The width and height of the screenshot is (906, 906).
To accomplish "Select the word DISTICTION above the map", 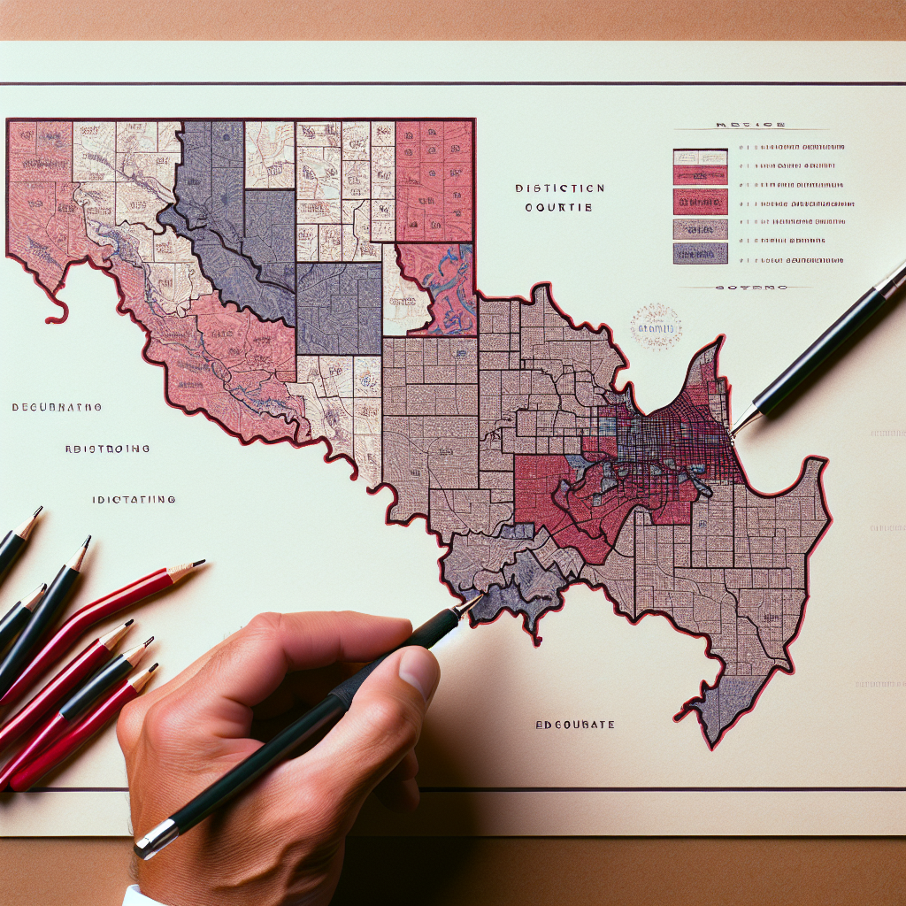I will pyautogui.click(x=561, y=188).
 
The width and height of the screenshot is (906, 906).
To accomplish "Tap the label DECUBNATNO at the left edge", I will pyautogui.click(x=57, y=408).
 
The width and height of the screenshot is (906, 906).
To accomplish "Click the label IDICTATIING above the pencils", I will pyautogui.click(x=134, y=500).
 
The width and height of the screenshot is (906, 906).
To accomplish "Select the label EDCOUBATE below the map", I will pyautogui.click(x=574, y=725).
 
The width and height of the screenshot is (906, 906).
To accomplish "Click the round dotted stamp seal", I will pyautogui.click(x=656, y=326).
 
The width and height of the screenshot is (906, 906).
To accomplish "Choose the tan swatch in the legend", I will pyautogui.click(x=700, y=229).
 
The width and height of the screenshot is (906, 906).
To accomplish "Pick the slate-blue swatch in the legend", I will pyautogui.click(x=700, y=253).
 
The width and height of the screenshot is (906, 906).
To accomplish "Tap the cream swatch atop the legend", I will pyautogui.click(x=700, y=157).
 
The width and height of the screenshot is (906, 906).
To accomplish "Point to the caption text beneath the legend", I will pyautogui.click(x=749, y=288).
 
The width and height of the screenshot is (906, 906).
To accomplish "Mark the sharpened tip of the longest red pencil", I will pyautogui.click(x=203, y=561).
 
